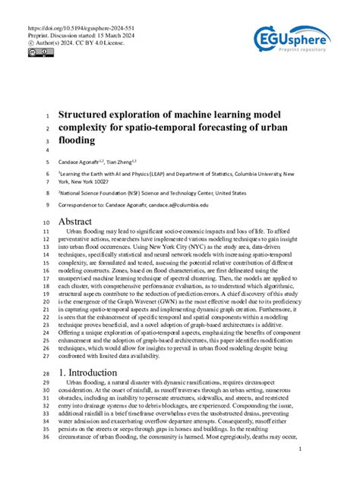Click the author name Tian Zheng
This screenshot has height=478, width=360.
[x=120, y=162]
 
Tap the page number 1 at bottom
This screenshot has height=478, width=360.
[x=301, y=449]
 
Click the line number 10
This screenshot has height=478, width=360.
[x=45, y=222]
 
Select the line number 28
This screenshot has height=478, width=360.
[x=45, y=375]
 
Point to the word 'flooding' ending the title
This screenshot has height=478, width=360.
[x=77, y=140]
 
